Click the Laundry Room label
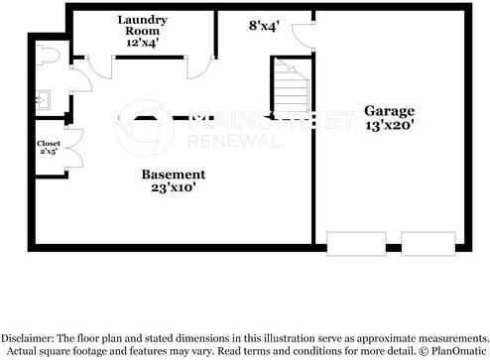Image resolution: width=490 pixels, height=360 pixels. pos(143,26)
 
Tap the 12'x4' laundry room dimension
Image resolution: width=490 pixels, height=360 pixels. pos(143,43)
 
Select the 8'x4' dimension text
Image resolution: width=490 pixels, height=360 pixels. pos(265,26)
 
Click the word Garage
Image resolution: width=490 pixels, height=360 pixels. pos(389,110)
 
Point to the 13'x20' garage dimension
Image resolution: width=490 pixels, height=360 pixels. pos(389,126)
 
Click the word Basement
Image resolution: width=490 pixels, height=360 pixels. pos(173,174)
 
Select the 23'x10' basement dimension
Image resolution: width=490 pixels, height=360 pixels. pos(173,188)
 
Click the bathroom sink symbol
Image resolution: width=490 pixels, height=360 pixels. pos(42,98)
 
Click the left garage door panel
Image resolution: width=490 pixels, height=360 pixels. pos(356,244)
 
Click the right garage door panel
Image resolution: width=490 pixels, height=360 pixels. pos(429,244)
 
